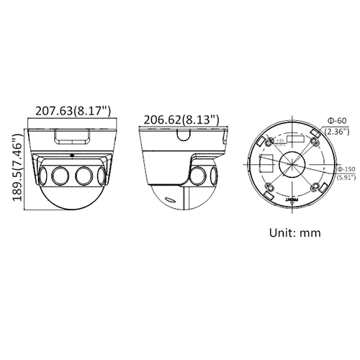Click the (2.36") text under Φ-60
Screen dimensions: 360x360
coord(337,132)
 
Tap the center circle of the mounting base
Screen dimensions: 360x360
coord(291,163)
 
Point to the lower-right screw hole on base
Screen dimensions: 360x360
coord(316,186)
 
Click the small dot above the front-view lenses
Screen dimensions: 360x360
coord(72,154)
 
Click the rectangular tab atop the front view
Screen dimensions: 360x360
coord(72,135)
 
